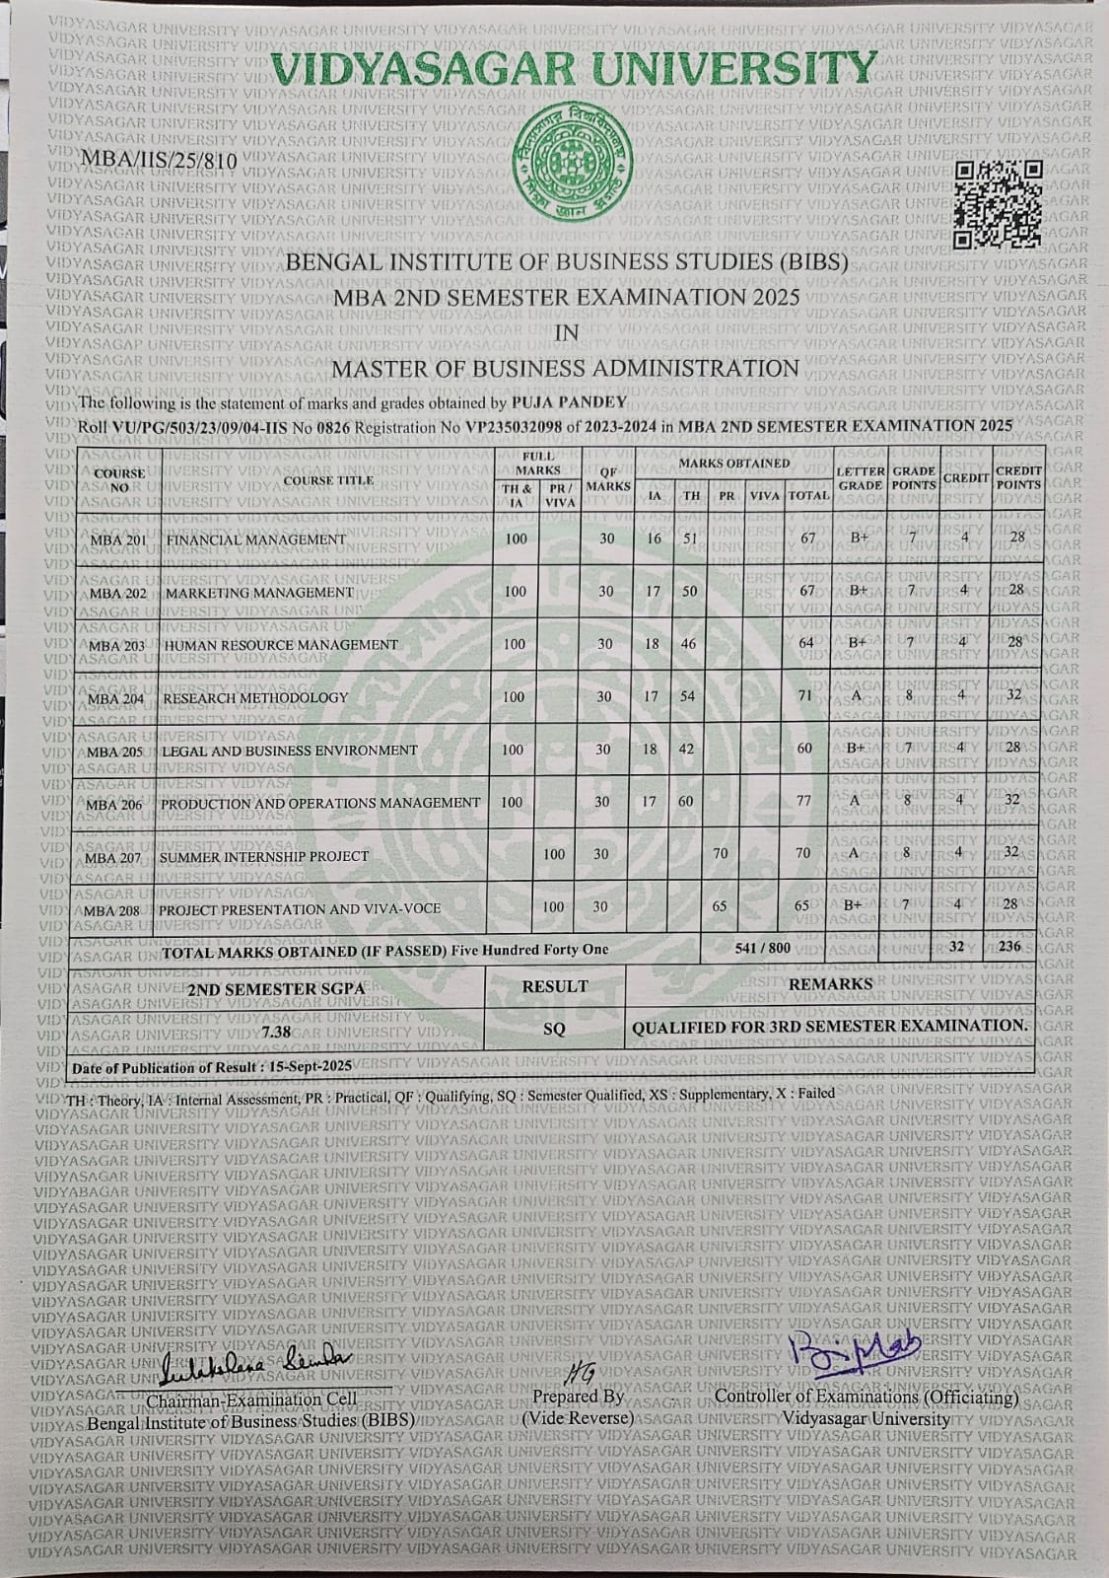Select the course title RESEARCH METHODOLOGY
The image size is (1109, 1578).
[255, 697]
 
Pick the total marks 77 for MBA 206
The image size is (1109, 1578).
[804, 802]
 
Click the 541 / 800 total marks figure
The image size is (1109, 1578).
[763, 948]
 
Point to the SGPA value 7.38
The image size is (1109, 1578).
[279, 1031]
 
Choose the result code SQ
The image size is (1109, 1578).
[555, 1029]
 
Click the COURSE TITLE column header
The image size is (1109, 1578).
[328, 480]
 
